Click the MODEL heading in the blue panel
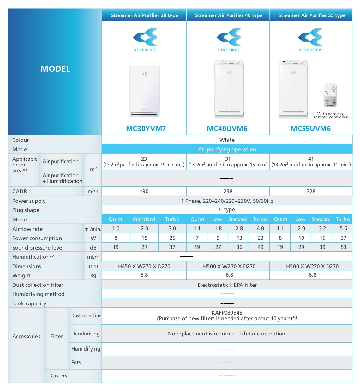tap(55, 69)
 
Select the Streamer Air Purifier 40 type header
tap(229, 15)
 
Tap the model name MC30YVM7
tap(146, 129)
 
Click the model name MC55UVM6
tap(310, 129)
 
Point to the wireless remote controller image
tap(330, 95)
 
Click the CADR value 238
tap(228, 191)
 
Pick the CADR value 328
tap(311, 191)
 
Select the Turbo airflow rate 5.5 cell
tap(343, 228)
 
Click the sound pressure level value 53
tap(343, 247)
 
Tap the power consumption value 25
tap(172, 238)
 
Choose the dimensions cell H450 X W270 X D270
tap(144, 266)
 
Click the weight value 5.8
tap(144, 275)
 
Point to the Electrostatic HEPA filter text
tap(227, 285)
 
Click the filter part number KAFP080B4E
tap(227, 313)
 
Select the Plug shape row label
tap(26, 210)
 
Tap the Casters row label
tap(59, 376)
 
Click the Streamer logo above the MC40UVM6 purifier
tap(229, 39)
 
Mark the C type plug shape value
tap(227, 210)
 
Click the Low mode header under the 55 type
tap(300, 219)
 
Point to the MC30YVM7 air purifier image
tap(145, 91)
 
